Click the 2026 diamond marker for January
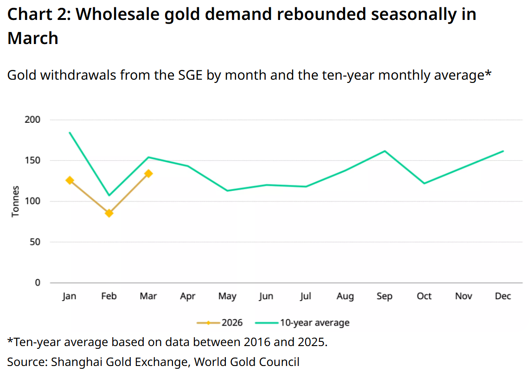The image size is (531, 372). [70, 180]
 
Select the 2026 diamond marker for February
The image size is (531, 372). [109, 213]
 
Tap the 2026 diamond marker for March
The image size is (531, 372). [148, 174]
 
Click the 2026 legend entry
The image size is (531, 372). [219, 322]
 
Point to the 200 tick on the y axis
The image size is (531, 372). [33, 120]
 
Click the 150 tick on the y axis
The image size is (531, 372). [33, 161]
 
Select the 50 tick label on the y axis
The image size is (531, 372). [35, 242]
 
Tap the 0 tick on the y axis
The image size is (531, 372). [38, 283]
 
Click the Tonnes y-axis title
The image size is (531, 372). [16, 201]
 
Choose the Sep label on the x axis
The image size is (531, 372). [384, 296]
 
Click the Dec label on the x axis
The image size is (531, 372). [503, 296]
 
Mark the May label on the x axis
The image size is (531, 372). [227, 296]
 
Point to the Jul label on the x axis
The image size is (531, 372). [306, 296]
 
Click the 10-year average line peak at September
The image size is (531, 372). [384, 151]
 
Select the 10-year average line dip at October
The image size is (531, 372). [424, 183]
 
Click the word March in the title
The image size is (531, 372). [33, 38]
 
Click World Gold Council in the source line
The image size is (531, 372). [247, 362]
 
